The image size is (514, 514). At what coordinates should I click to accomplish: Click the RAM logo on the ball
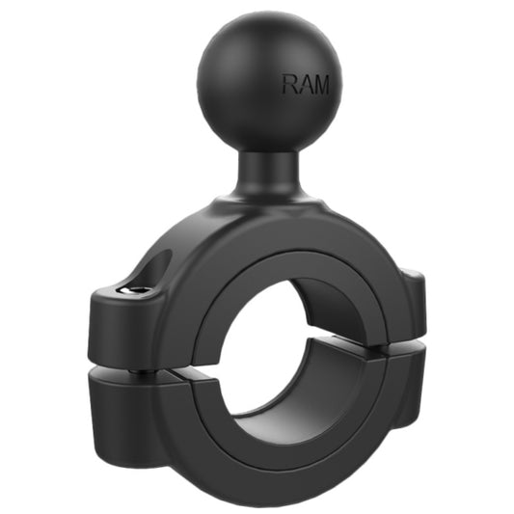coord(305,85)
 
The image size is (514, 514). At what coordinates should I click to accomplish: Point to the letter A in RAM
coord(304,85)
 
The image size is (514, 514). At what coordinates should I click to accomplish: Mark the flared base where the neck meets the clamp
coord(264,198)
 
